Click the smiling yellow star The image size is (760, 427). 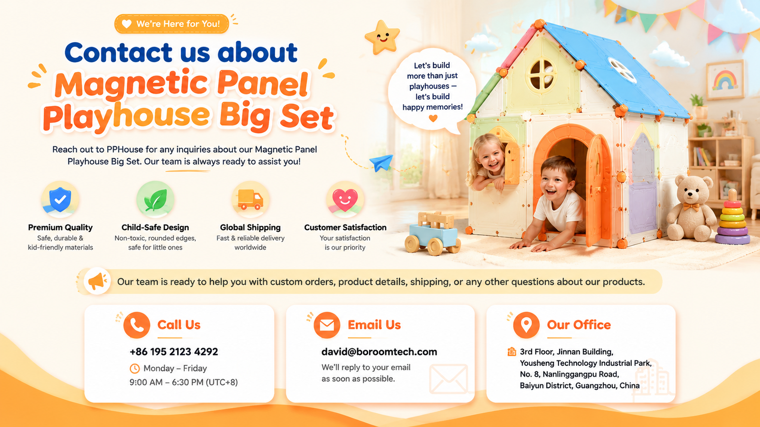pos(382,37)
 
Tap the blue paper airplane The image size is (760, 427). pos(382,162)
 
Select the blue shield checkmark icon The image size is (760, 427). pos(60,199)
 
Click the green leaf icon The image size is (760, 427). pos(155,200)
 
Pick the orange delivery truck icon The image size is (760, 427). pos(250,199)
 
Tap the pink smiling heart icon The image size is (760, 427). pos(345,200)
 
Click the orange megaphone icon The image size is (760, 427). pos(97,281)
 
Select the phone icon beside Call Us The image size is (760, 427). pos(137,325)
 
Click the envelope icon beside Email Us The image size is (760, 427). pos(327,325)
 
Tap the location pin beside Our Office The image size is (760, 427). pos(526,325)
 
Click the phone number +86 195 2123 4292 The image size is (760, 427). pos(174,352)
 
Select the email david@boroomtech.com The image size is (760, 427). pos(379,352)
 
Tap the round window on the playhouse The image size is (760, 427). pos(541,75)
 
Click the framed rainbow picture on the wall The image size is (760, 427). pos(725,80)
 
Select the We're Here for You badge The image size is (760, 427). pos(171,24)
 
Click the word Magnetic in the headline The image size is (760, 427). pos(131,84)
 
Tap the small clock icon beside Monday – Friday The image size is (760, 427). pos(134,368)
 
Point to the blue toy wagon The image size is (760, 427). pos(433,234)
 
